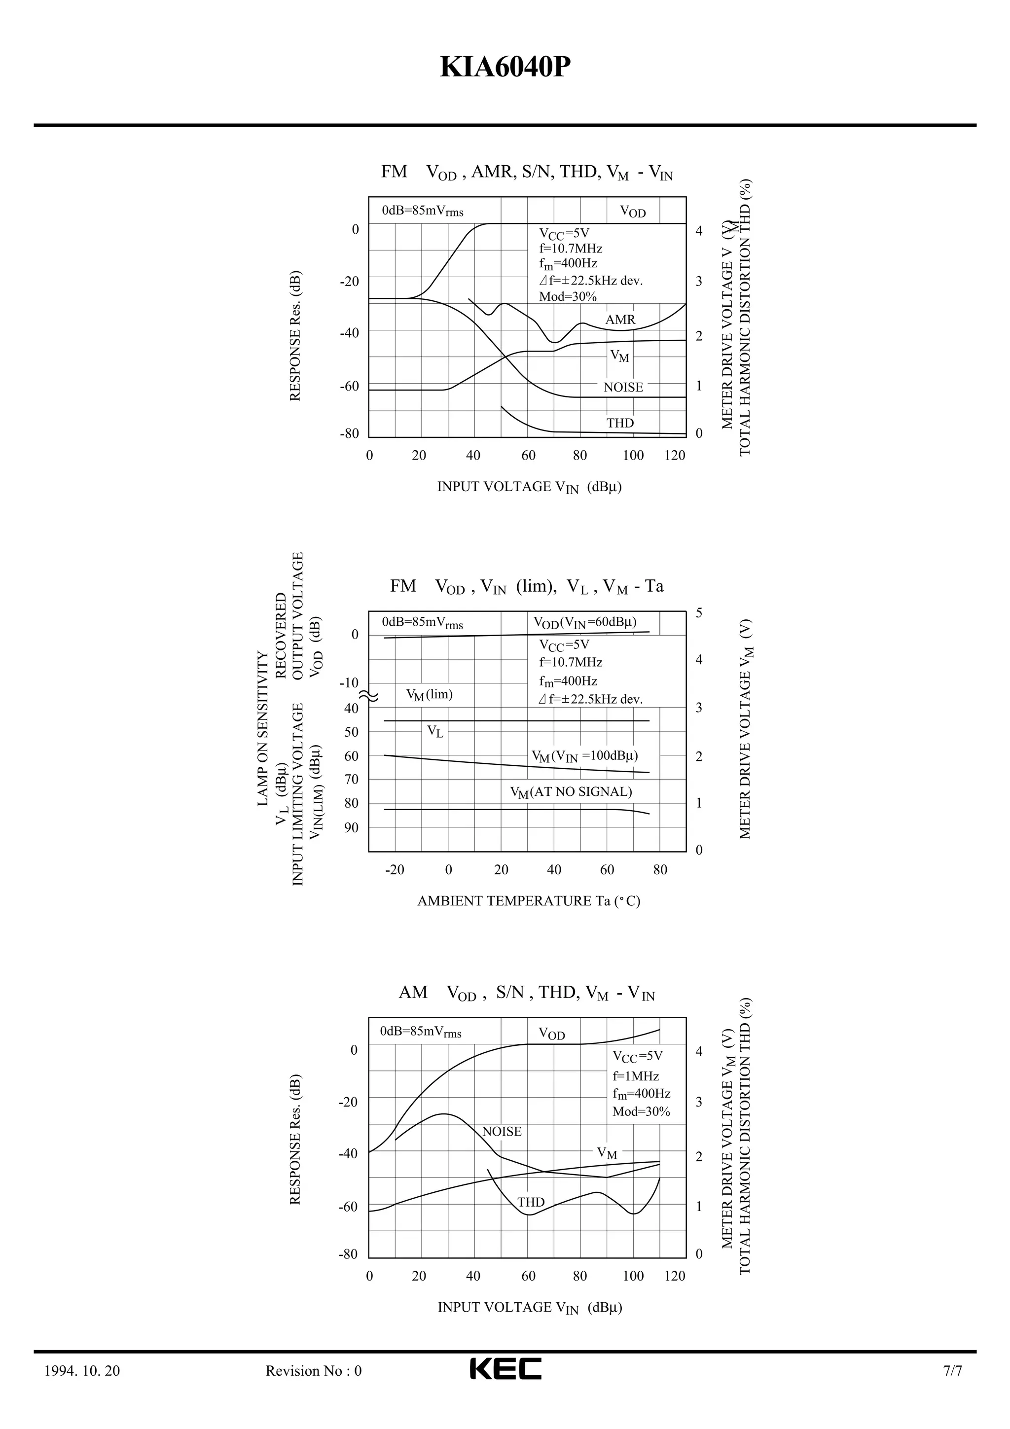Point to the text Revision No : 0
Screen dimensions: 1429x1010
[x=313, y=1370]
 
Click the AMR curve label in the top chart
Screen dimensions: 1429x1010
[x=620, y=320]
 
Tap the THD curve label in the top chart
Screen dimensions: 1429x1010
[x=620, y=423]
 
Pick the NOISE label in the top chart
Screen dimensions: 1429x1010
[x=623, y=387]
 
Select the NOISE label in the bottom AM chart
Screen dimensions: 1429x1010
[x=502, y=1132]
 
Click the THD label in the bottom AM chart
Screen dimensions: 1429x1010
[x=531, y=1203]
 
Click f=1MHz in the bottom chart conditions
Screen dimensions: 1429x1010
[x=635, y=1076]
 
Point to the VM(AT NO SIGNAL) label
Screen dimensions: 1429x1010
[x=571, y=792]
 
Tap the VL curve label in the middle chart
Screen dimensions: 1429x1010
[x=435, y=731]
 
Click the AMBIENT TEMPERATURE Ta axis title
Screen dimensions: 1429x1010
[x=528, y=900]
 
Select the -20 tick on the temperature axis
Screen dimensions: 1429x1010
[x=395, y=869]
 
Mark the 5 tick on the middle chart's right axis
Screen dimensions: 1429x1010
[x=699, y=613]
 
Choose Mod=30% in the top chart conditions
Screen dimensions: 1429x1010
[x=568, y=296]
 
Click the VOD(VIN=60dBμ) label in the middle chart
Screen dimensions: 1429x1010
[x=585, y=622]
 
